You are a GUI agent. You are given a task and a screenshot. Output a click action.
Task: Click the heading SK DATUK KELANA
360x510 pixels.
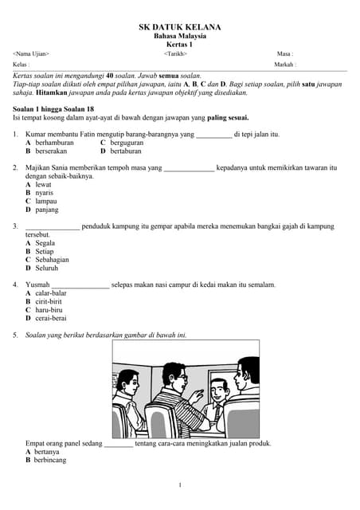(180, 27)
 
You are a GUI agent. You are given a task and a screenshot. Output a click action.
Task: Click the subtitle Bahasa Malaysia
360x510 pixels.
(180, 36)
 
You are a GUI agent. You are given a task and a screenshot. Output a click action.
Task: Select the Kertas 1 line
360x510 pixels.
(180, 45)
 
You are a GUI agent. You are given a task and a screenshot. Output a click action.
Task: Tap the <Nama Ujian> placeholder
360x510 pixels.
(31, 53)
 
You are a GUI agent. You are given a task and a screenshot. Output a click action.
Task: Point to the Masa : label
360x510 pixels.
(285, 53)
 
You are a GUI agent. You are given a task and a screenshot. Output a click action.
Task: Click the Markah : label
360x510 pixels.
(285, 64)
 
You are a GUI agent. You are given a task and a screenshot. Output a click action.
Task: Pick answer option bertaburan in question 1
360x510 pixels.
(128, 151)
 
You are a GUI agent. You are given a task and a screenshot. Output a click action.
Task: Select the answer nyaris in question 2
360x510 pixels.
(45, 193)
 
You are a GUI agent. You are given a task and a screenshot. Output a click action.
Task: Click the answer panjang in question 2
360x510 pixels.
(46, 210)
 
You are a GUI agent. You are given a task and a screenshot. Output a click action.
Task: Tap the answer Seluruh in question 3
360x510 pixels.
(48, 268)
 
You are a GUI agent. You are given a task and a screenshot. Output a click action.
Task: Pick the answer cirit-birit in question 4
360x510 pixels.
(50, 301)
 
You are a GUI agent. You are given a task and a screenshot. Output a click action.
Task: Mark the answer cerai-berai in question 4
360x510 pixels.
(51, 318)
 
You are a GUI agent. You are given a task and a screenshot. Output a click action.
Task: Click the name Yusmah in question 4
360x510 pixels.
(37, 284)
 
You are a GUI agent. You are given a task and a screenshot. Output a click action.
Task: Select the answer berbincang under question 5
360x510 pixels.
(49, 460)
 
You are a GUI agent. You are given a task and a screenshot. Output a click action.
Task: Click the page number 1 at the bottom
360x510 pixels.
(180, 485)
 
